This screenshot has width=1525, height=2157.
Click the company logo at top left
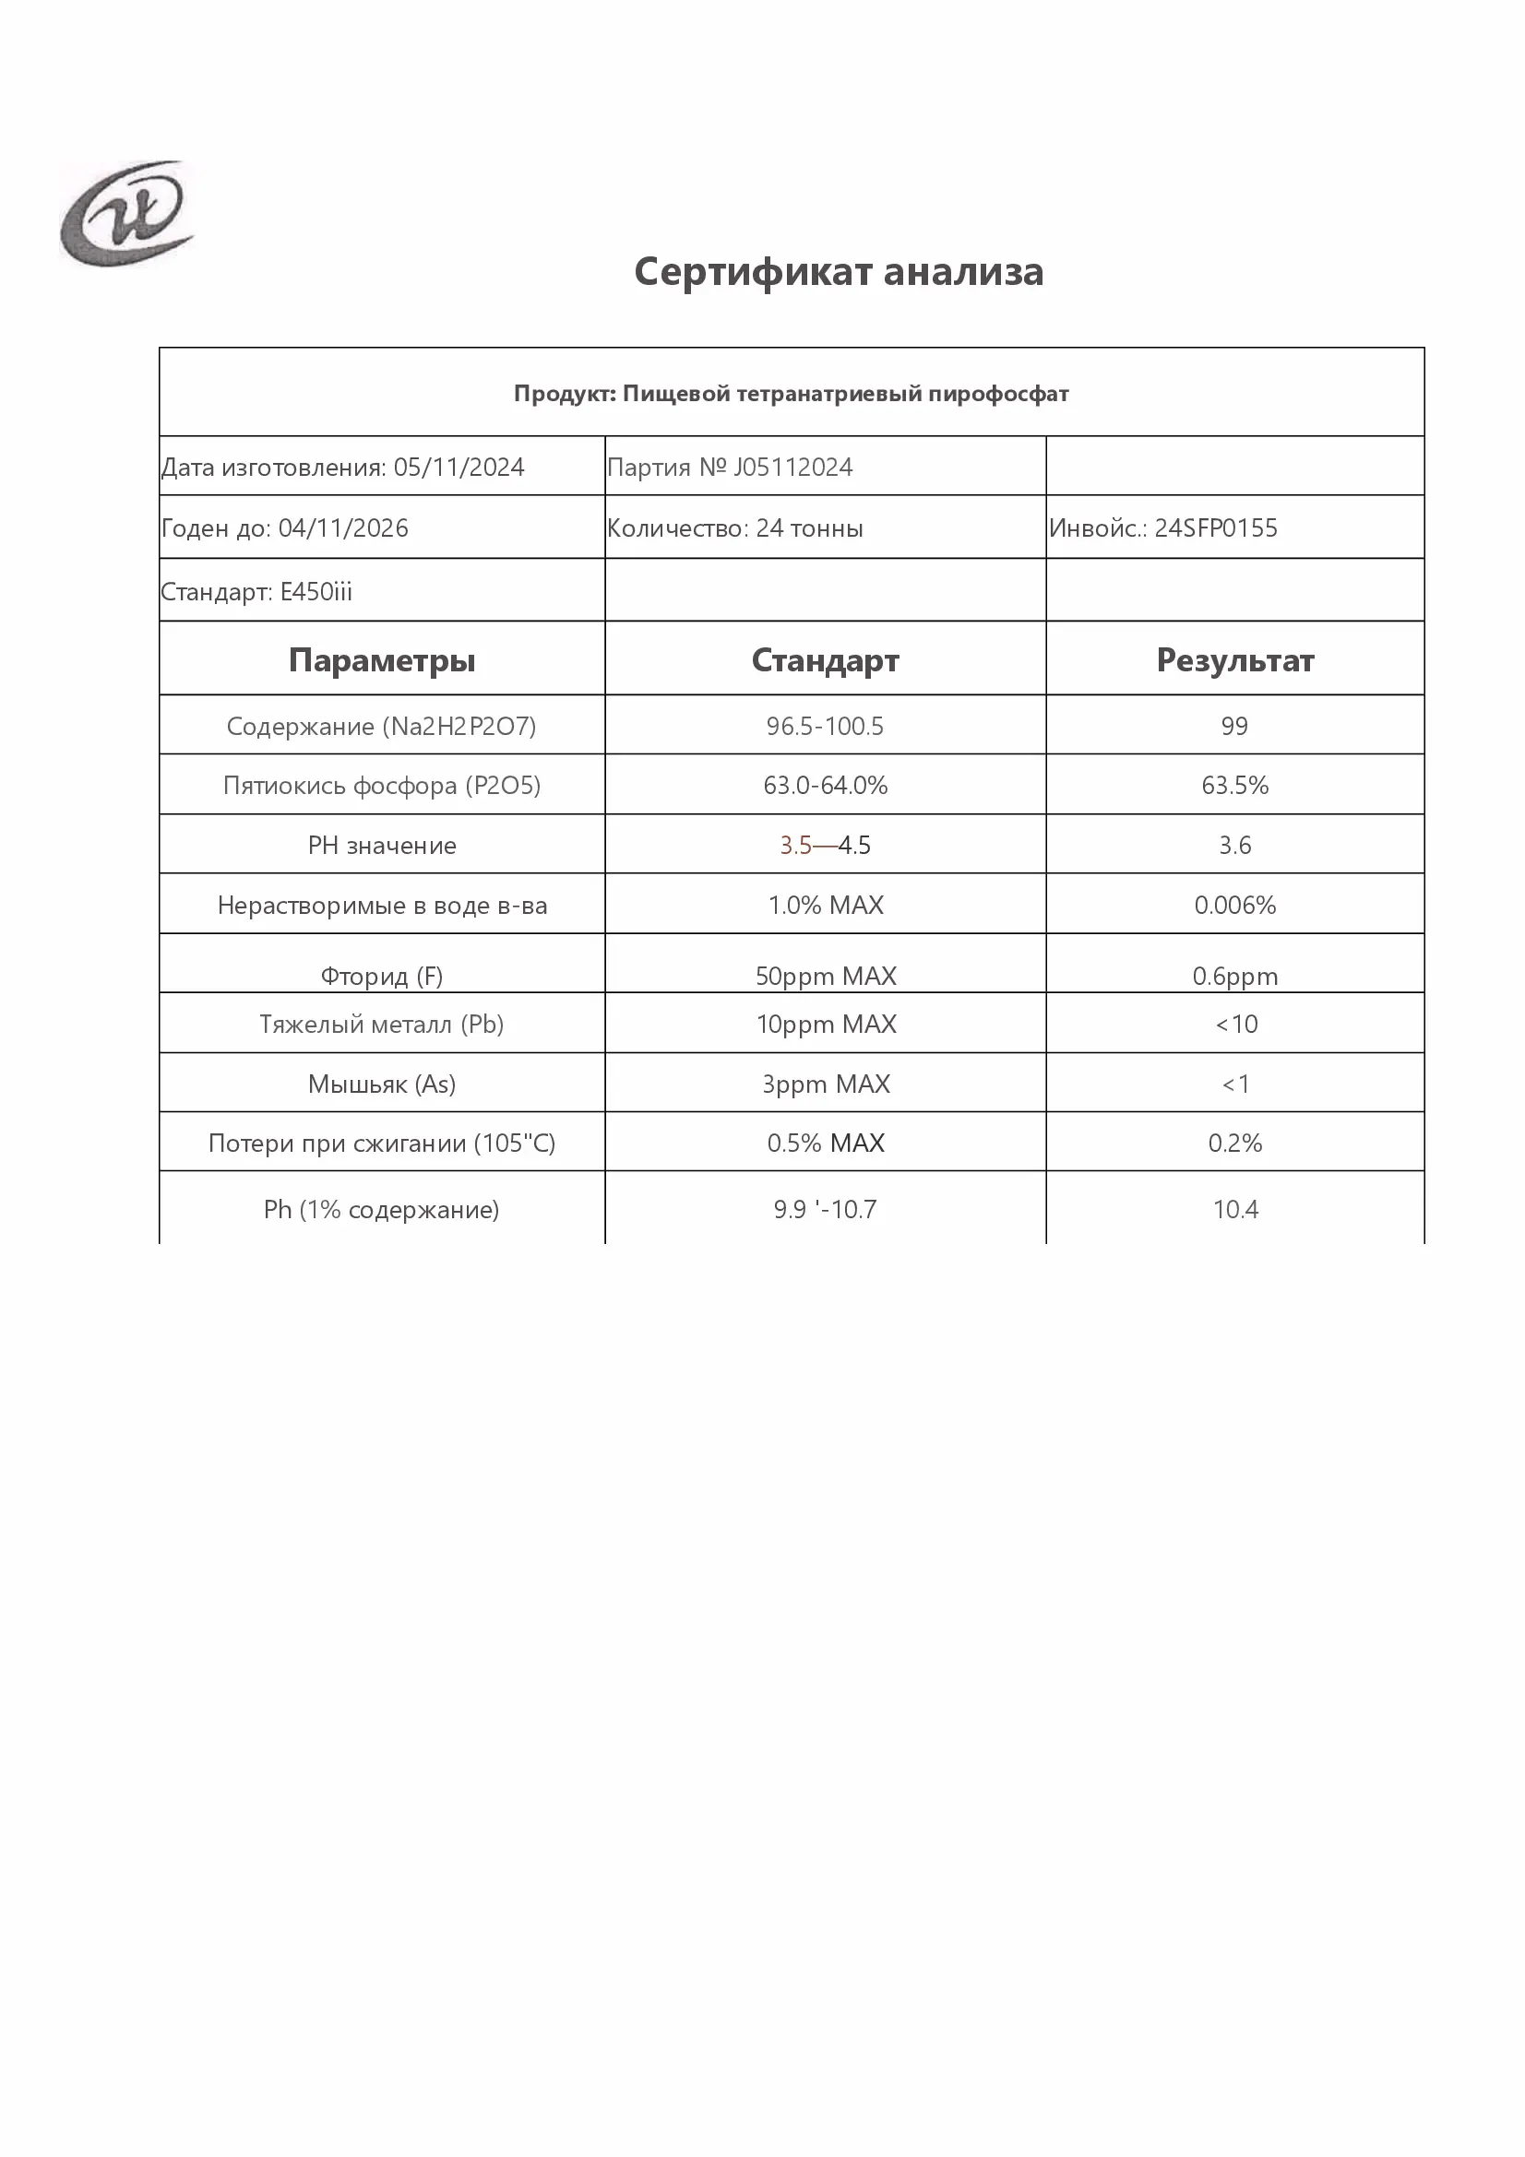(126, 213)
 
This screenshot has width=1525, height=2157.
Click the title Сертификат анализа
(838, 271)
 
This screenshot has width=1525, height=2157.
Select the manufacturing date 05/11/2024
(459, 467)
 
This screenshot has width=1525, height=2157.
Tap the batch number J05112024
(793, 467)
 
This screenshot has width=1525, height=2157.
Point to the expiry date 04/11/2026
(343, 528)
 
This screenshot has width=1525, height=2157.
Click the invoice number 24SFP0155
(1216, 528)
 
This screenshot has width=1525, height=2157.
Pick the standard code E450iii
(316, 592)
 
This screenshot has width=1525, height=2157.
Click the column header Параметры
(382, 660)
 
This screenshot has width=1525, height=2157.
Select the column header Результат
(1234, 660)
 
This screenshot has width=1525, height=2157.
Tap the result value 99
(1234, 726)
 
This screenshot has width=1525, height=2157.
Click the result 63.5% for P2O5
(1234, 786)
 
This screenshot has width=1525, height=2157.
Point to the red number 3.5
(795, 846)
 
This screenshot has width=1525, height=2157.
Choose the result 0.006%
(1234, 906)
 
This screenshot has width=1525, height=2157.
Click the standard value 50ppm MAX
(826, 976)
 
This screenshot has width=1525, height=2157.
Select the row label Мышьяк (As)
(382, 1084)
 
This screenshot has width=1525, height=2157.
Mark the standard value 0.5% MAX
(826, 1144)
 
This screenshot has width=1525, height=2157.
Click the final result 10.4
(1234, 1210)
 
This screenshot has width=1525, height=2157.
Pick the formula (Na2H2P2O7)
(459, 726)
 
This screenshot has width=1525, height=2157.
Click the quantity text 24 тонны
(809, 528)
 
